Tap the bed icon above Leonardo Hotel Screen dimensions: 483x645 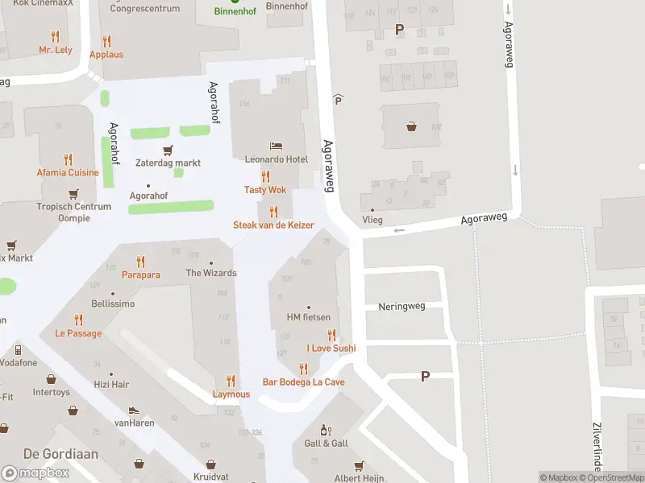point(277,147)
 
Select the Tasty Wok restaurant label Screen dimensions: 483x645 point(265,190)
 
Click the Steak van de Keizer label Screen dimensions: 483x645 point(273,225)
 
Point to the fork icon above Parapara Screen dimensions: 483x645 point(141,262)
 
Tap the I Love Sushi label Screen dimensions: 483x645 point(331,349)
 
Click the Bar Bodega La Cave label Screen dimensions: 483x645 point(303,382)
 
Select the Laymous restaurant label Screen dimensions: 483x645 point(231,394)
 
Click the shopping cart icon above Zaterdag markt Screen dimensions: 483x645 point(168,150)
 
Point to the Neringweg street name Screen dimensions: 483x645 point(401,307)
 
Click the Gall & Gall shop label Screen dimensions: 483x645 point(326,444)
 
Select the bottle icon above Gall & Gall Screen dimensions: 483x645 point(326,431)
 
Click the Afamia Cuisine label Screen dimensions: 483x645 point(68,172)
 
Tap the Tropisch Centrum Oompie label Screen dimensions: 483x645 point(73,212)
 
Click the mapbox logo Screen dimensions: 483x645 point(35,473)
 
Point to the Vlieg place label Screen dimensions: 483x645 point(372,220)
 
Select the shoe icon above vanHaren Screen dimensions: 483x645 point(134,410)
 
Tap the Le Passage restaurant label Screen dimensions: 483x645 point(78,333)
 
